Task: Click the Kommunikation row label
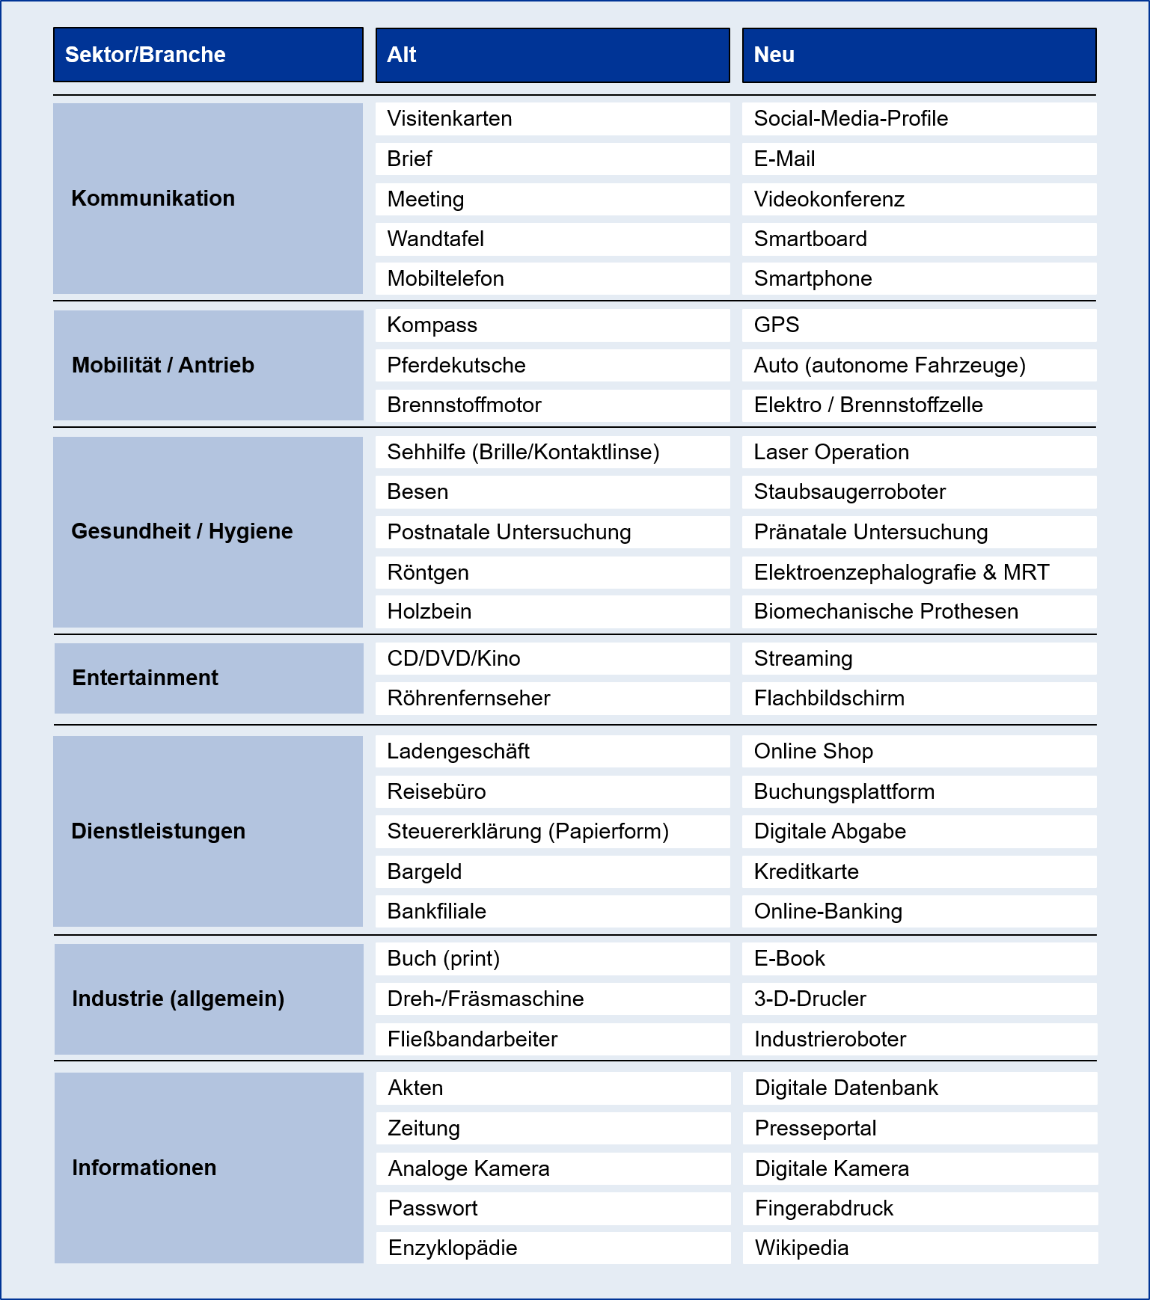(153, 198)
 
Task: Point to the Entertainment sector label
(145, 678)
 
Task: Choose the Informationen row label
(144, 1168)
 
